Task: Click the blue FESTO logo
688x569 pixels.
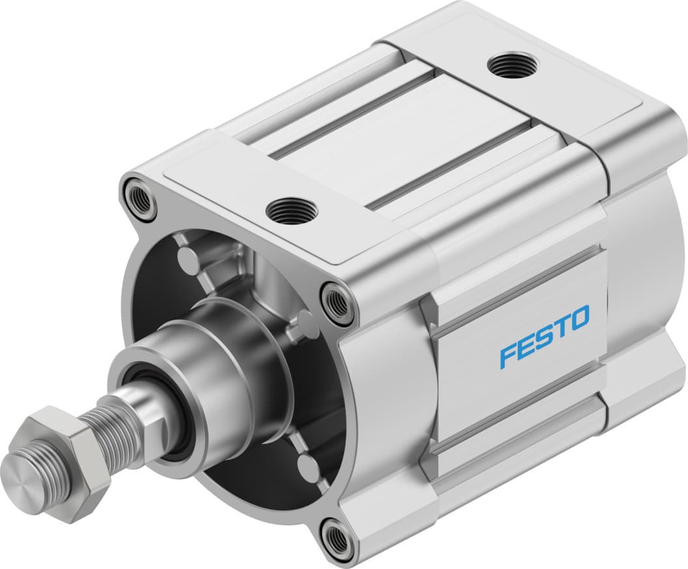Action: (x=545, y=337)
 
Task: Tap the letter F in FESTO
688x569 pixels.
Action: (x=509, y=357)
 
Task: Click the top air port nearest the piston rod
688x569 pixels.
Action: (x=291, y=210)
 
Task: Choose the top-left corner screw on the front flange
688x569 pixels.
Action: (x=141, y=201)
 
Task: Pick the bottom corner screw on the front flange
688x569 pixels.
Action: (x=338, y=538)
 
